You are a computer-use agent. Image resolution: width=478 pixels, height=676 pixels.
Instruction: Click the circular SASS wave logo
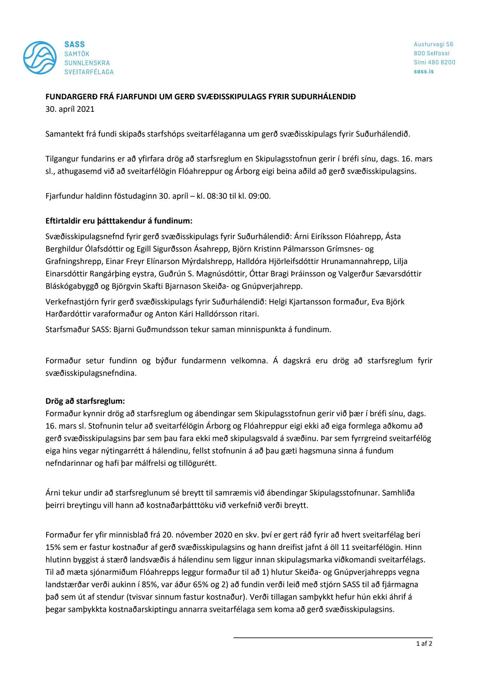coord(40,58)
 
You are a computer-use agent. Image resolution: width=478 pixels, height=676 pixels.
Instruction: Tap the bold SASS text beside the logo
coord(75,44)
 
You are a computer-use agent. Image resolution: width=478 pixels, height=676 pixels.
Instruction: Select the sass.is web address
coord(424,71)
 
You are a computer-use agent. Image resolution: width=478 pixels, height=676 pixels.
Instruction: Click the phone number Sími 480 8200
coord(434,62)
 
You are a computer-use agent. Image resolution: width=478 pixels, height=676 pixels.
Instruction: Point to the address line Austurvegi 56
coord(433,44)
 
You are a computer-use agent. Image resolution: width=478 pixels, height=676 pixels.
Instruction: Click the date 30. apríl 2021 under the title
coord(70,109)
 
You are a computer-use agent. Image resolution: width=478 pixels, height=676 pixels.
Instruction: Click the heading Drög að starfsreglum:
coord(85,401)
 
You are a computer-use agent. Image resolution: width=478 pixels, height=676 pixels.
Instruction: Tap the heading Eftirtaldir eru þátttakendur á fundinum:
coord(119,221)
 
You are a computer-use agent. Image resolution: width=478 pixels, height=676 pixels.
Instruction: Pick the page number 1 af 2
coord(424,644)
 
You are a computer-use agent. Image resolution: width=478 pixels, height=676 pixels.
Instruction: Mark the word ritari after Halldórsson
coord(248,314)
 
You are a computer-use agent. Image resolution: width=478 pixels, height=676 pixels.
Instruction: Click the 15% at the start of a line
coord(53,547)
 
